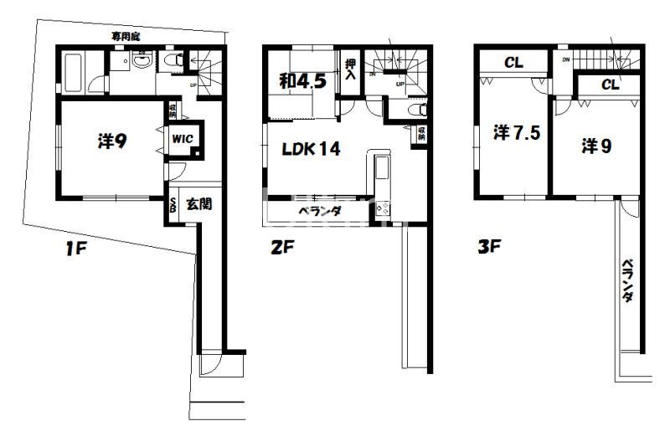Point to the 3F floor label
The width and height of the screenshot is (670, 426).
pyautogui.click(x=490, y=248)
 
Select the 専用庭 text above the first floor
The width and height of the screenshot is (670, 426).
pyautogui.click(x=128, y=37)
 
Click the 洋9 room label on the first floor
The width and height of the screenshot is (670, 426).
pyautogui.click(x=111, y=141)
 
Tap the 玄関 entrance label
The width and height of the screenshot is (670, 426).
pyautogui.click(x=198, y=203)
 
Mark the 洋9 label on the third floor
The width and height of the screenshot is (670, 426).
pyautogui.click(x=597, y=145)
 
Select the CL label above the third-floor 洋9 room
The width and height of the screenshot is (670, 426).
pyautogui.click(x=610, y=85)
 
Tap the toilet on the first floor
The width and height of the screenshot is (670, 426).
pyautogui.click(x=173, y=59)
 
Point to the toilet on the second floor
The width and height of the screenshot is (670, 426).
pyautogui.click(x=415, y=110)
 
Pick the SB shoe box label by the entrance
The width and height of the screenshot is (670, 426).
pyautogui.click(x=173, y=204)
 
